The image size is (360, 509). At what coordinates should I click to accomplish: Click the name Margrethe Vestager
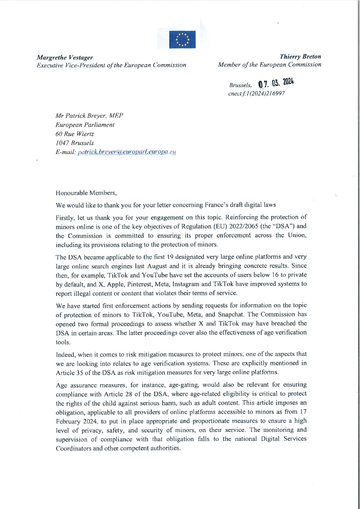[x=65, y=57]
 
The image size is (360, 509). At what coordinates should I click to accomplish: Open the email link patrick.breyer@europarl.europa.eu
[x=127, y=152]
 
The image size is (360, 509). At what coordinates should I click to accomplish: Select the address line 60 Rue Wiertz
[x=75, y=134]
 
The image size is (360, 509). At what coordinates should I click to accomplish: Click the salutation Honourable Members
[x=86, y=193]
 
